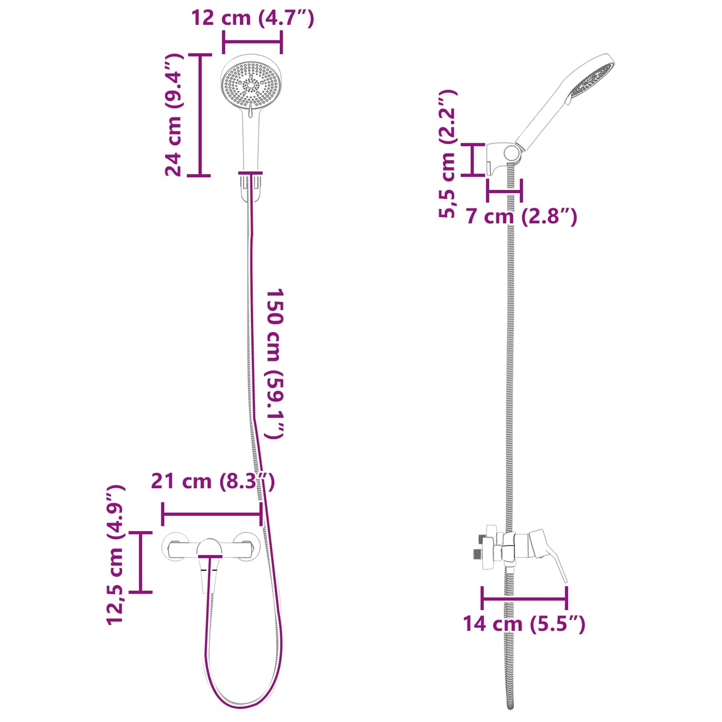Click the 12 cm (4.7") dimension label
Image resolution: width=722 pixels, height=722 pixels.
252,18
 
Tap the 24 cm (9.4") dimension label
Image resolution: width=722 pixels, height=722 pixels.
174,115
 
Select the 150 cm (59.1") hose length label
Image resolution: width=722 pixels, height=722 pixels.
274,363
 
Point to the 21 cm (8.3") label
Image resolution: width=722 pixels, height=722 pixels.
212,481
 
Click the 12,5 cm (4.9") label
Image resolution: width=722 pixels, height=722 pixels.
115,555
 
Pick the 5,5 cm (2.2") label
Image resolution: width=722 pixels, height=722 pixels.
448,154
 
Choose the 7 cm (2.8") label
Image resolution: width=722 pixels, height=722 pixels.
521,216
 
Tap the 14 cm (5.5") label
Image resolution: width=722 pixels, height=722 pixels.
523,624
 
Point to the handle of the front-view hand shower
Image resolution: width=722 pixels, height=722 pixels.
251,140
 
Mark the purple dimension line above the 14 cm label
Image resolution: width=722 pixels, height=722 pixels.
524,598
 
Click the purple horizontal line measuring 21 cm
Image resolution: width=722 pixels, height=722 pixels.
212,514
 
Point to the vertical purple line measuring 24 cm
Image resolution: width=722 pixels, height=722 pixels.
200,115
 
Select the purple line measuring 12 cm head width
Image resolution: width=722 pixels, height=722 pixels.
252,42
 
